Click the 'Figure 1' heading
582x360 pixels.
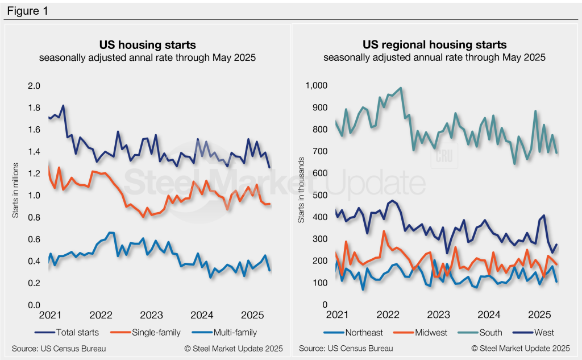click(x=27, y=11)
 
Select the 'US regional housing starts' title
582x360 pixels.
click(x=434, y=44)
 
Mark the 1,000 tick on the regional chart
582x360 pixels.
click(x=315, y=86)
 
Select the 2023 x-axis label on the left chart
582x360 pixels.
click(x=152, y=315)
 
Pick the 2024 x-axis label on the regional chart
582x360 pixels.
click(x=488, y=315)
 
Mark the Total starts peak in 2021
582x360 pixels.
click(x=63, y=106)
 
